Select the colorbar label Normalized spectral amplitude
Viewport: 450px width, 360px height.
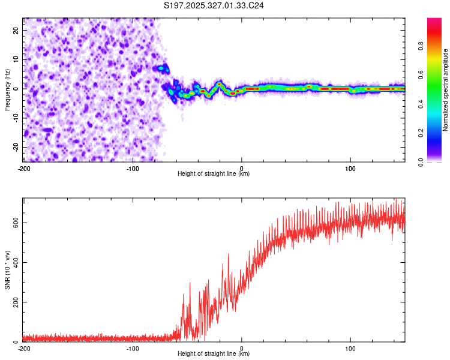(445, 90)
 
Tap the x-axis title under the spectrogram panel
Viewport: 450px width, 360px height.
(214, 174)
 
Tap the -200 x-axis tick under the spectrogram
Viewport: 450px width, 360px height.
(24, 168)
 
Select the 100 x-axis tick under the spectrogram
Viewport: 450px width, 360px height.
(350, 168)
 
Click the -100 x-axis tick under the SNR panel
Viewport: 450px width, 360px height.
(133, 348)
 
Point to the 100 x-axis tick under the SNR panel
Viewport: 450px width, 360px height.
(350, 348)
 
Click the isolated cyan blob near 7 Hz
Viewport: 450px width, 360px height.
(160, 69)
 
